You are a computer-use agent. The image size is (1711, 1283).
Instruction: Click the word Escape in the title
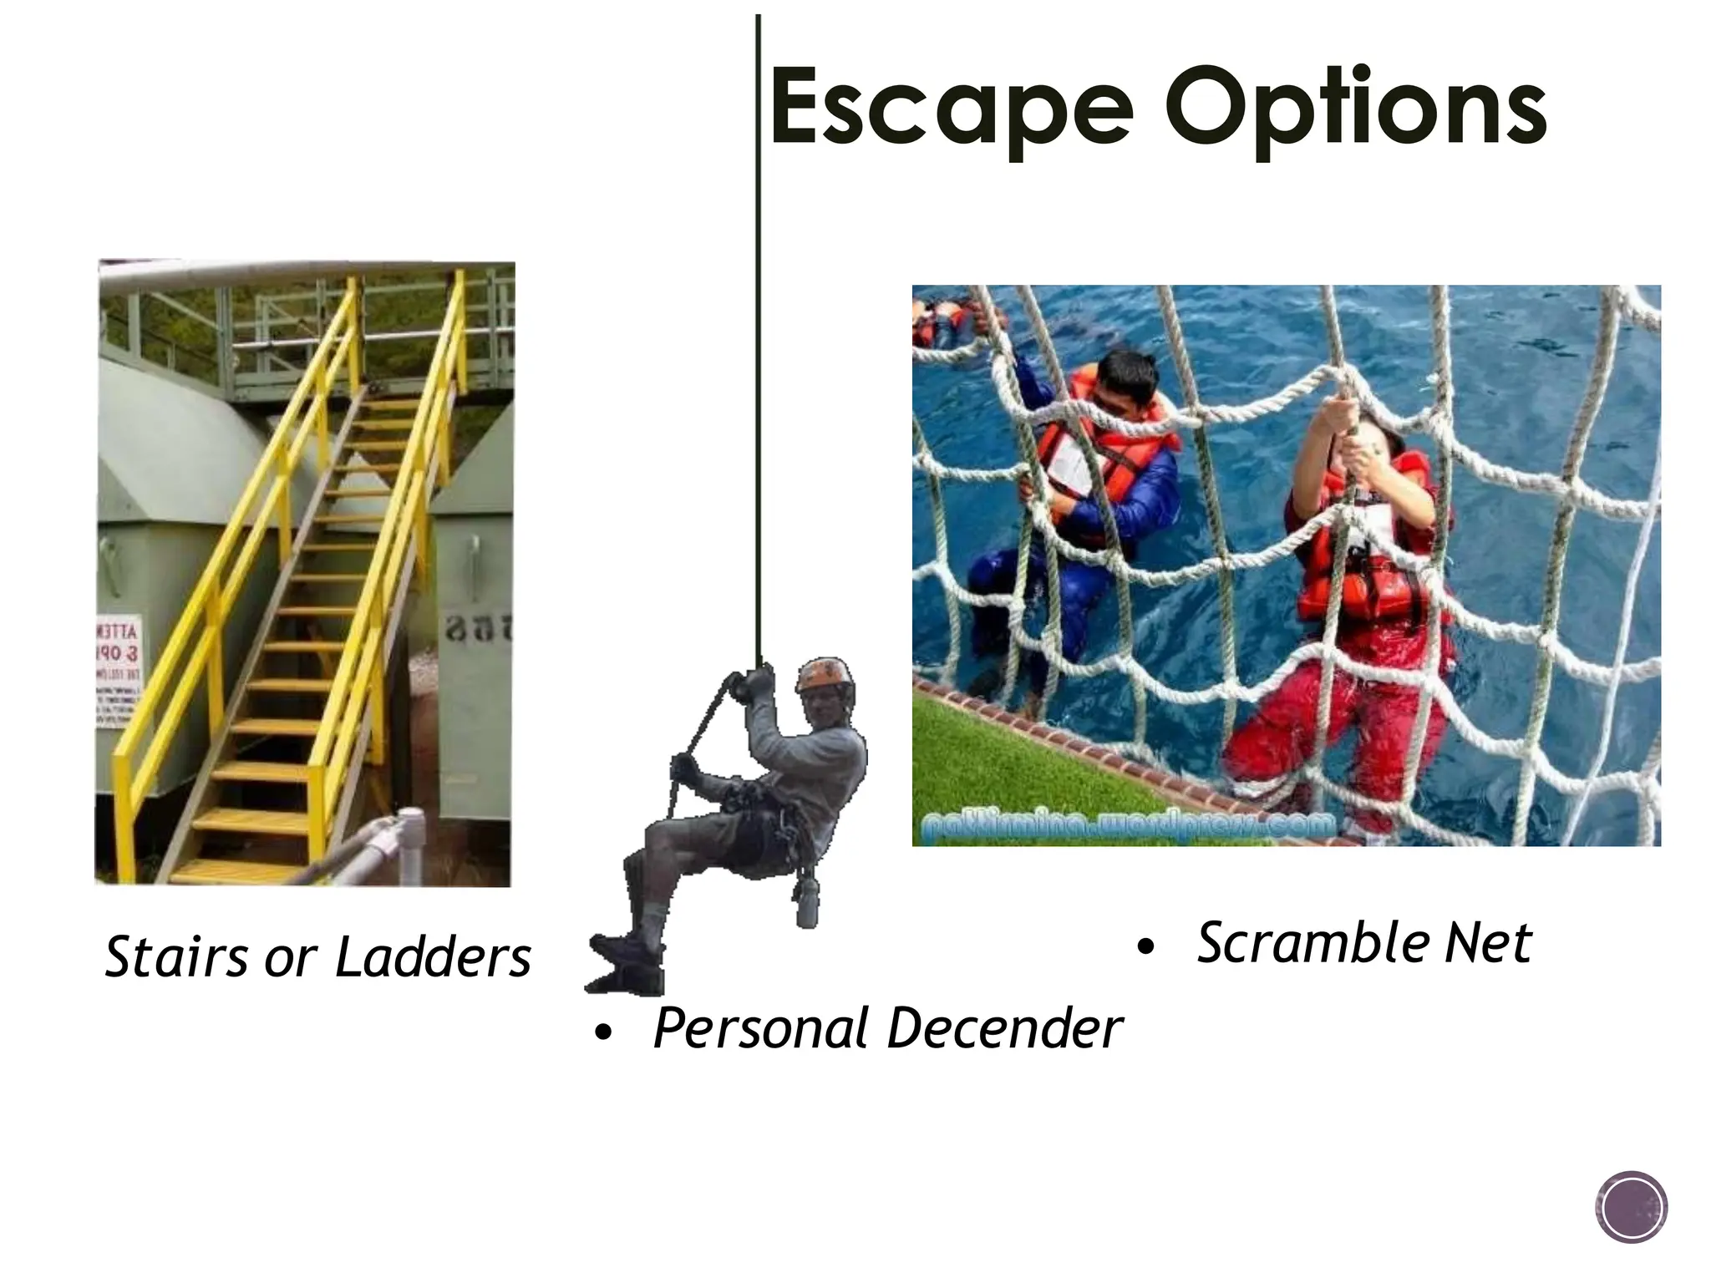click(x=952, y=109)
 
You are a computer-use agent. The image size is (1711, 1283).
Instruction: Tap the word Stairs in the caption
click(x=176, y=956)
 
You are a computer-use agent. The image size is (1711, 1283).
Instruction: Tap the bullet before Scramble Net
click(x=1145, y=946)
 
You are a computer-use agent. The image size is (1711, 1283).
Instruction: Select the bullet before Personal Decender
click(x=602, y=1035)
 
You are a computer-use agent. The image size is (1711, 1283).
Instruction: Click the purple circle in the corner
click(x=1631, y=1207)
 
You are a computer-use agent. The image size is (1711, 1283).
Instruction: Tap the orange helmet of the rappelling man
click(x=825, y=673)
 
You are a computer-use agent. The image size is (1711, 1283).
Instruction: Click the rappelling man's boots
click(x=627, y=961)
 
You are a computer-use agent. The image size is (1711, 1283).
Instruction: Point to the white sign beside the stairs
click(x=115, y=672)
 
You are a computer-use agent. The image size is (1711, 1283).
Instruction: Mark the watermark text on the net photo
click(x=1128, y=826)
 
